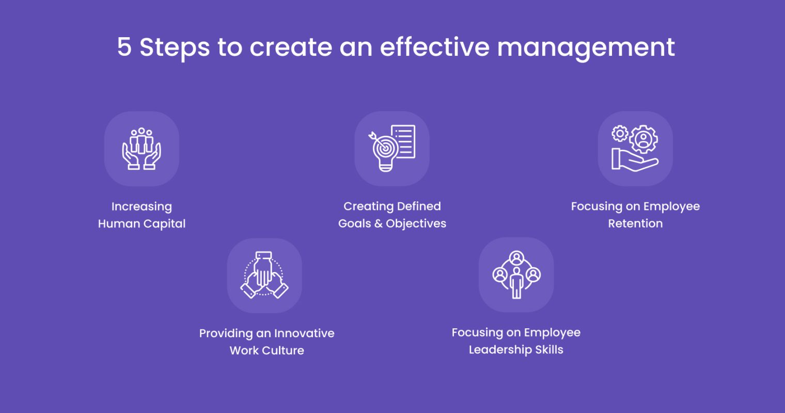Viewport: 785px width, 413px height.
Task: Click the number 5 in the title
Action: pos(124,47)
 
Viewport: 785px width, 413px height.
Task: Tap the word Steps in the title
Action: pos(175,47)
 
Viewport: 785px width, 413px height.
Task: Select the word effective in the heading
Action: pos(434,47)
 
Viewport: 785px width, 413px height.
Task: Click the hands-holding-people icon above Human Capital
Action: pos(142,149)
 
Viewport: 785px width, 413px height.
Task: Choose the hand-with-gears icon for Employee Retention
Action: pos(635,149)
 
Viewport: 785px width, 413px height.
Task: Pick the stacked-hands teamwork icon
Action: pos(264,275)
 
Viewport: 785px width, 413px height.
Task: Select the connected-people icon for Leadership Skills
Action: pos(516,275)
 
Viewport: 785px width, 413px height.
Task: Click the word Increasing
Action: pos(142,207)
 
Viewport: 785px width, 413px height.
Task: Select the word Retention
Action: pos(635,224)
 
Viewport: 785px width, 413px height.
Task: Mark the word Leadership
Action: pos(499,350)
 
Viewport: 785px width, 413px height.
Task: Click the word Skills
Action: pos(549,350)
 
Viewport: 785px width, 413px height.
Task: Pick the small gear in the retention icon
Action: pos(619,134)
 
